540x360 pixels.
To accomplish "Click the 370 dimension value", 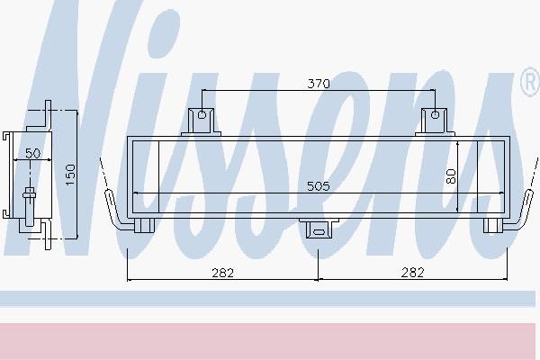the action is pos(319,84).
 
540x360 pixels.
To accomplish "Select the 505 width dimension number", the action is pos(319,186).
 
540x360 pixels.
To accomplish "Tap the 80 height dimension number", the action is pos(451,176).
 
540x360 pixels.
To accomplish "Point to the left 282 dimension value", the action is pos(223,273).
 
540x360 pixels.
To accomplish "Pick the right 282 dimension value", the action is pos(412,273).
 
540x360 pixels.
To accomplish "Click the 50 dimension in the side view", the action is pos(32,153).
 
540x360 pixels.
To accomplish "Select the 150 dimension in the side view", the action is pos(70,175).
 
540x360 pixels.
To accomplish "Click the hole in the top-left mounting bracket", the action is pos(202,114).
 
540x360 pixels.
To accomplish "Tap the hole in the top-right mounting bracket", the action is pos(435,114).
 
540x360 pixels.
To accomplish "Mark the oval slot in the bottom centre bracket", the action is pos(319,232).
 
